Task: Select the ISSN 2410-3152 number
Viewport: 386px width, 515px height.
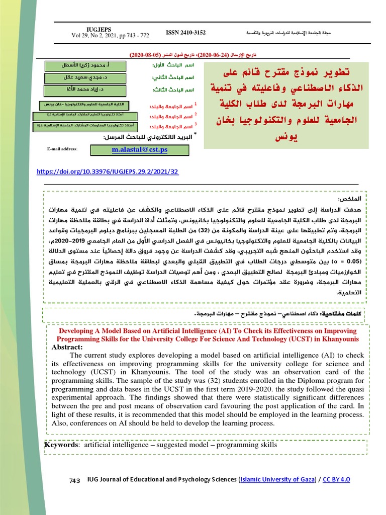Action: pyautogui.click(x=185, y=33)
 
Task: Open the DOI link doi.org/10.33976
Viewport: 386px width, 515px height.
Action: pyautogui.click(x=108, y=171)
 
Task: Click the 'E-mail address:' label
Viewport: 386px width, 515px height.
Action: pyautogui.click(x=62, y=149)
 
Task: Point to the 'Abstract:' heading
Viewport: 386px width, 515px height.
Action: pyautogui.click(x=66, y=347)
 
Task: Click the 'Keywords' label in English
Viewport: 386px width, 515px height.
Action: pyautogui.click(x=61, y=445)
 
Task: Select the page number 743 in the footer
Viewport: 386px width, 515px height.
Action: pyautogui.click(x=74, y=481)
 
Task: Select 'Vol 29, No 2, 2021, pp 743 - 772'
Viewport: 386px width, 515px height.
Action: pyautogui.click(x=110, y=36)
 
